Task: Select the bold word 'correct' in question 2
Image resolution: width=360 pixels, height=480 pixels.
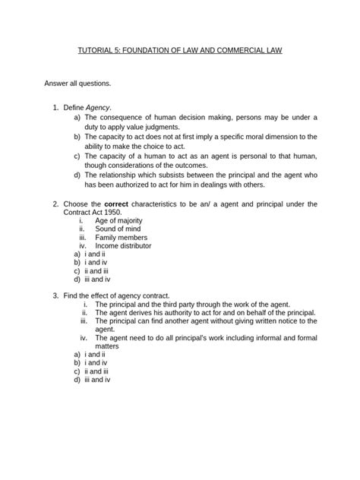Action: (x=125, y=204)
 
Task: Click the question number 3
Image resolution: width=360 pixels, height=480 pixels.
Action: (x=55, y=294)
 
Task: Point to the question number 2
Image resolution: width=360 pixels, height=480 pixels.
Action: (x=55, y=204)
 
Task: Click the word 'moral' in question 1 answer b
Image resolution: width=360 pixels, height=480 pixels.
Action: (x=249, y=137)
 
